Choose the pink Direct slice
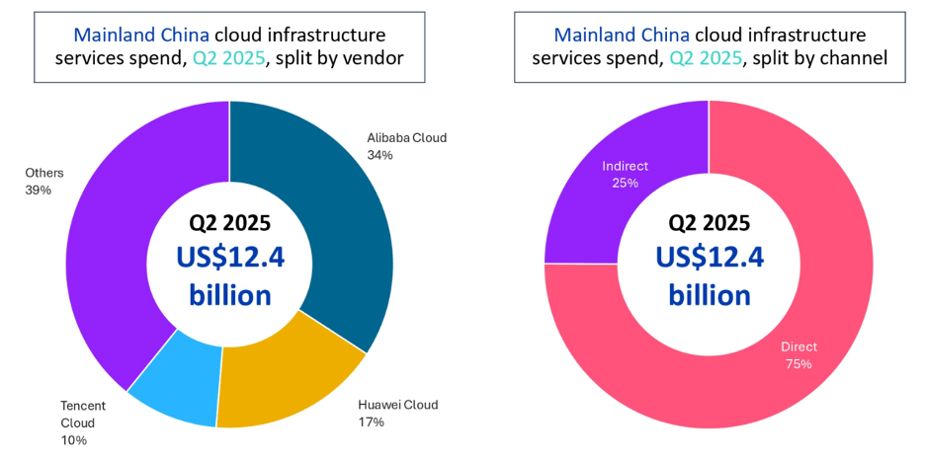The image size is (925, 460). click(x=791, y=326)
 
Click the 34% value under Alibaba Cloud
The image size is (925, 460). click(x=379, y=155)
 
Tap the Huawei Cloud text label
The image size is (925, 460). click(x=397, y=405)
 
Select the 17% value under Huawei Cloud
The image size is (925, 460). click(x=371, y=422)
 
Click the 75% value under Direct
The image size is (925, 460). click(x=799, y=364)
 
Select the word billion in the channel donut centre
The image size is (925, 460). click(x=710, y=294)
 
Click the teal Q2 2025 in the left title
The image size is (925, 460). click(x=232, y=57)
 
